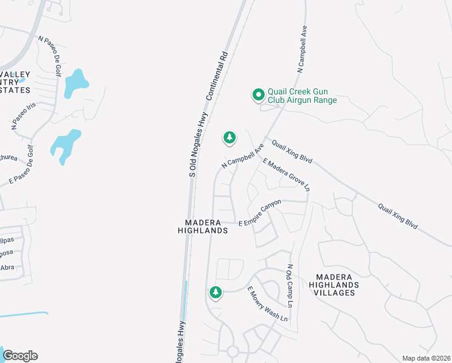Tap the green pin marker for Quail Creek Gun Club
click(x=258, y=94)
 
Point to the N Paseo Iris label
click(x=24, y=116)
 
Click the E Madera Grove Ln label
click(x=285, y=176)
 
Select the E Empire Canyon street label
click(x=260, y=213)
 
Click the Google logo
click(x=19, y=356)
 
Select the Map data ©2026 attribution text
click(x=426, y=358)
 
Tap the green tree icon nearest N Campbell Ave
click(x=229, y=138)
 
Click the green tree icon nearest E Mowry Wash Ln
click(x=215, y=293)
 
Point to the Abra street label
click(x=7, y=267)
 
